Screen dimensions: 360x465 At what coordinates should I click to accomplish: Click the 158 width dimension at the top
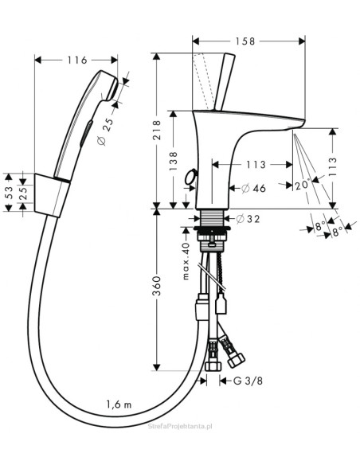245,41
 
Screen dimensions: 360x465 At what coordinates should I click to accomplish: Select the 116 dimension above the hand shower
76,60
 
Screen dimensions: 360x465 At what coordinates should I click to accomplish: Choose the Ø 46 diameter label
253,188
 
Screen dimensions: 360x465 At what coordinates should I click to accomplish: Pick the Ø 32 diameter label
248,219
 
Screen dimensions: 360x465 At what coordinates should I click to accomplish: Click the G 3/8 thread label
248,381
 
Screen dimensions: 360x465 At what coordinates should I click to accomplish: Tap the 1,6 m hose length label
119,404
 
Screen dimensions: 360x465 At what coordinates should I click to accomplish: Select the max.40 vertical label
186,261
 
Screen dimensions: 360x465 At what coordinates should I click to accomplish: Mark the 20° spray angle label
302,186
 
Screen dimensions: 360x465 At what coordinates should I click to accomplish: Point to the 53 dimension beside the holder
9,193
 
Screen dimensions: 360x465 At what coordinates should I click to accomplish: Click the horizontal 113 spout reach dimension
256,164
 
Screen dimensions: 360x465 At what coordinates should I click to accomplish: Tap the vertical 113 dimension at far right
333,167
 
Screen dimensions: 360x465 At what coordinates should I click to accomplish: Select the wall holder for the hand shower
53,195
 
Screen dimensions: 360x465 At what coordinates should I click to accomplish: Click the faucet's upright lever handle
224,81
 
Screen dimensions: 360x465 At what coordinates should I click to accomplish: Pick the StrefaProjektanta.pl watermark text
180,427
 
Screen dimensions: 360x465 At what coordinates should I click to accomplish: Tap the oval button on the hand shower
86,133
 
